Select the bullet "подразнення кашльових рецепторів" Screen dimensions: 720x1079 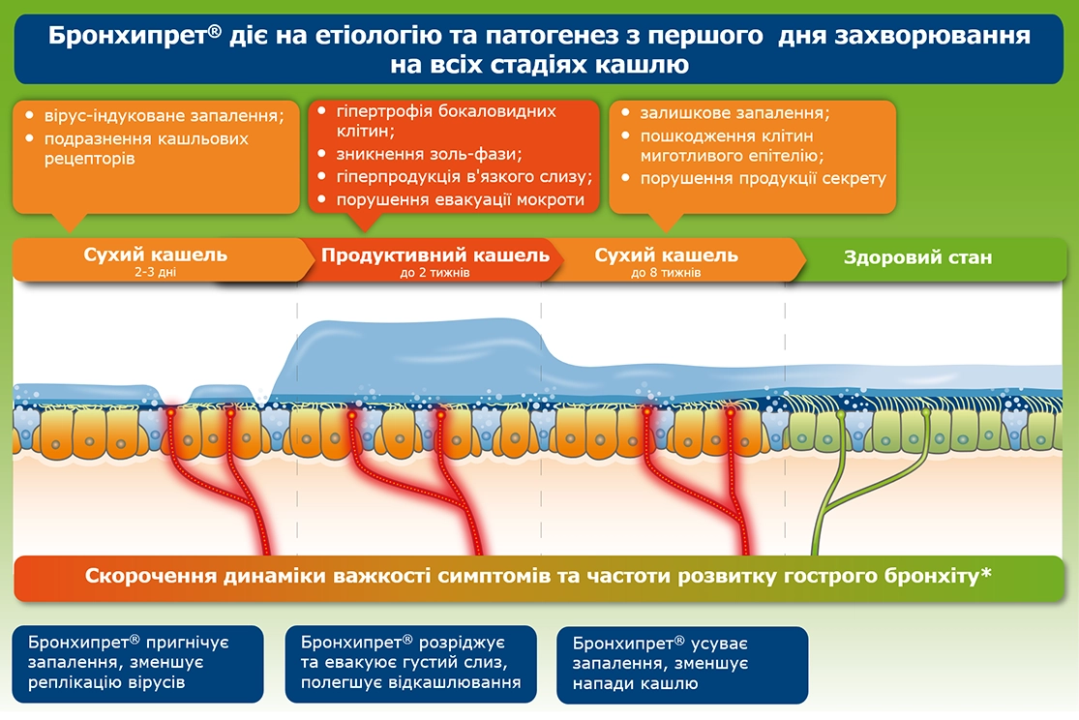145,148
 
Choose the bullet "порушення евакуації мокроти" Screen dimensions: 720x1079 460,200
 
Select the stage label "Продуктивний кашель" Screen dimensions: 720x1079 435,256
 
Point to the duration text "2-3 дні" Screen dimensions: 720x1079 156,274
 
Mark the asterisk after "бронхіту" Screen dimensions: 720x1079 986,574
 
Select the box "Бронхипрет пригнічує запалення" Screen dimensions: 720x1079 138,663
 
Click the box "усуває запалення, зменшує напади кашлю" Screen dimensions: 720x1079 682,664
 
